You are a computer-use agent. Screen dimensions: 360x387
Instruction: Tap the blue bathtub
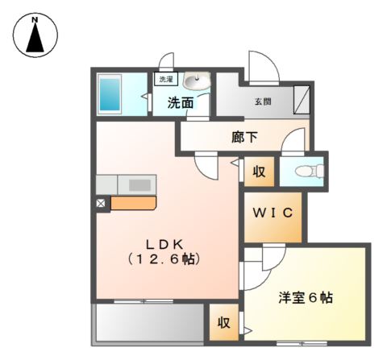110,94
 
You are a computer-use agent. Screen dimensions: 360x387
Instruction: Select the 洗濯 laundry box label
165,80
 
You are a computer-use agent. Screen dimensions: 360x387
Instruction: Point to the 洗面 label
180,103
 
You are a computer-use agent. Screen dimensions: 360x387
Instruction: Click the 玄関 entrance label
263,101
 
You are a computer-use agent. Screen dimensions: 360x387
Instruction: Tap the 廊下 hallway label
244,137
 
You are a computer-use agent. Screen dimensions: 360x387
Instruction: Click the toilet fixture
308,170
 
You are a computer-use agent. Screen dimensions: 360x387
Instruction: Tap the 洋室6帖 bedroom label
307,298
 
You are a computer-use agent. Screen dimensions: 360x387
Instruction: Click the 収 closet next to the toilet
259,172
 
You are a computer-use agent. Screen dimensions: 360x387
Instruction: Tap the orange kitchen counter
133,201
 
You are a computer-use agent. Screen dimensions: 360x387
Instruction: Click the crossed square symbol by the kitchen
101,204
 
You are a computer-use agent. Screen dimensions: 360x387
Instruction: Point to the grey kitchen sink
140,184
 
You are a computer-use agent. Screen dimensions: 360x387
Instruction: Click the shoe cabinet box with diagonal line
301,100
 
